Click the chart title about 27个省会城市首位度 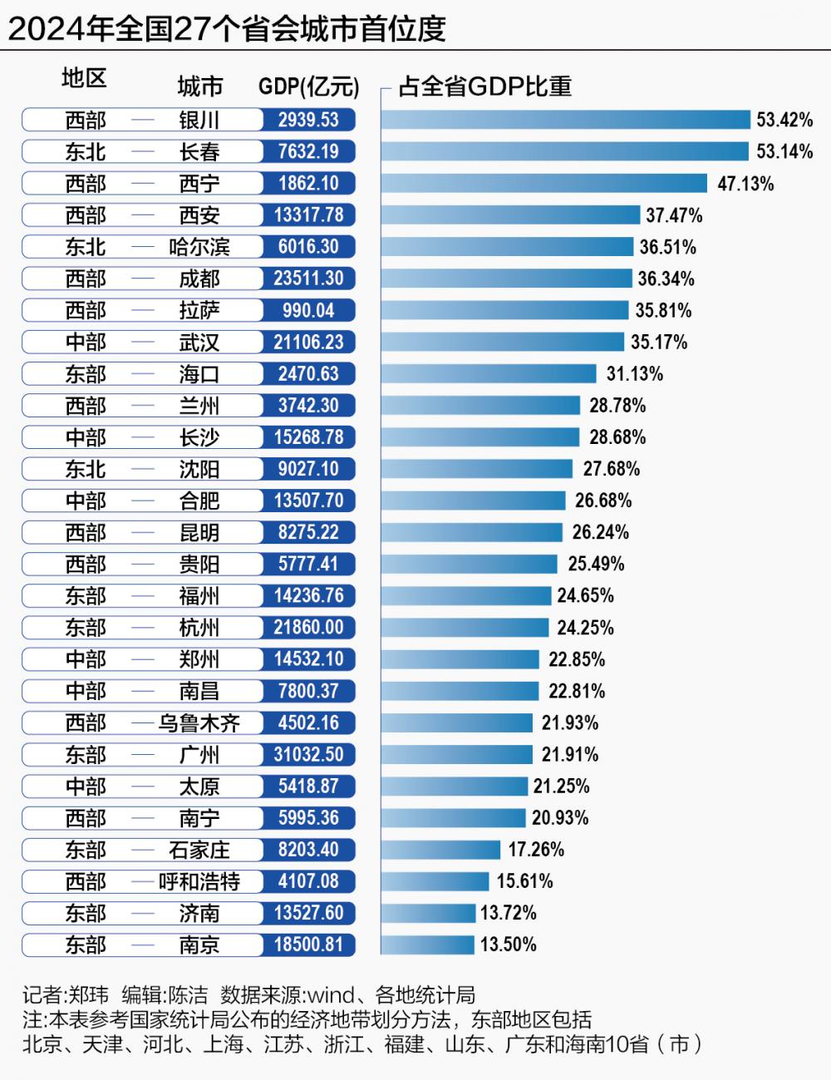(227, 27)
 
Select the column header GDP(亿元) (308, 86)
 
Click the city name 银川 (199, 120)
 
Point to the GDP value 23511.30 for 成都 (308, 279)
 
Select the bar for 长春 (565, 151)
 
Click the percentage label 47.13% (745, 183)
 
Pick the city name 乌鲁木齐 (199, 722)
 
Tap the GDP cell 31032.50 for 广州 (308, 754)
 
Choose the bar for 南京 (427, 944)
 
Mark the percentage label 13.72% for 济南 (509, 913)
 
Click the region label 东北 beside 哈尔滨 (86, 247)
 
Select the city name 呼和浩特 (199, 881)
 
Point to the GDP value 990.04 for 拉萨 (308, 310)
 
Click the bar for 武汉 (502, 342)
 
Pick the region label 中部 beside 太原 (86, 786)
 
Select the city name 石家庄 (199, 850)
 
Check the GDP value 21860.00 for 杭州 (308, 628)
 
